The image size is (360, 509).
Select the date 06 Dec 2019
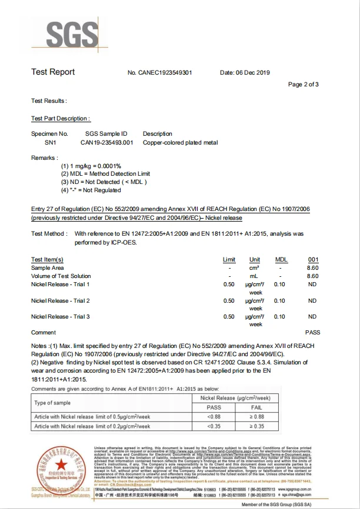point(244,73)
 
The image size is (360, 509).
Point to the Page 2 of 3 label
point(304,85)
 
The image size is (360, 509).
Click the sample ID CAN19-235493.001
point(106,142)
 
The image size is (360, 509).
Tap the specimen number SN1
point(50,142)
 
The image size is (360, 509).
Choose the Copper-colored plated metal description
point(180,142)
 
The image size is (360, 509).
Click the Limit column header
point(229,260)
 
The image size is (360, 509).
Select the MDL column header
point(281,260)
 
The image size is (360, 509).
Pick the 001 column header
point(313,260)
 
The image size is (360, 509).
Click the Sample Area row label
point(47,268)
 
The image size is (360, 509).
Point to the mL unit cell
point(255,276)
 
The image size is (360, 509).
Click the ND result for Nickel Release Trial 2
point(312,301)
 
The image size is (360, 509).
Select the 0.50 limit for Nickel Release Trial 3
point(229,317)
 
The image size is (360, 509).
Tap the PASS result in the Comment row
point(312,333)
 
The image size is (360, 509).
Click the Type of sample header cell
point(53,403)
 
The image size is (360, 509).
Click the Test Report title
point(53,72)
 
